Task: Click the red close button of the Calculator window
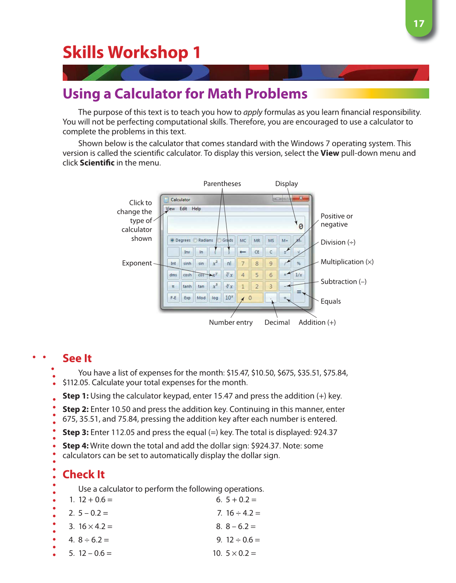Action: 301,198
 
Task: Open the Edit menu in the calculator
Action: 183,209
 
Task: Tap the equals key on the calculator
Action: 299,292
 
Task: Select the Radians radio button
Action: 195,240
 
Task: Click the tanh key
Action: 187,287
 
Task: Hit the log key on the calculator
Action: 215,298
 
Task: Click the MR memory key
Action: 257,240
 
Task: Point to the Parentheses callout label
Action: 222,184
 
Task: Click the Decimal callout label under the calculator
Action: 277,322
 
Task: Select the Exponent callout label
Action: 136,263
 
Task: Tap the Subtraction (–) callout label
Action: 343,281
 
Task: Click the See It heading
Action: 77,358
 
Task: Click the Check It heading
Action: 84,475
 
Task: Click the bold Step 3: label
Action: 75,432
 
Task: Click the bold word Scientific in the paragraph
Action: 97,163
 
